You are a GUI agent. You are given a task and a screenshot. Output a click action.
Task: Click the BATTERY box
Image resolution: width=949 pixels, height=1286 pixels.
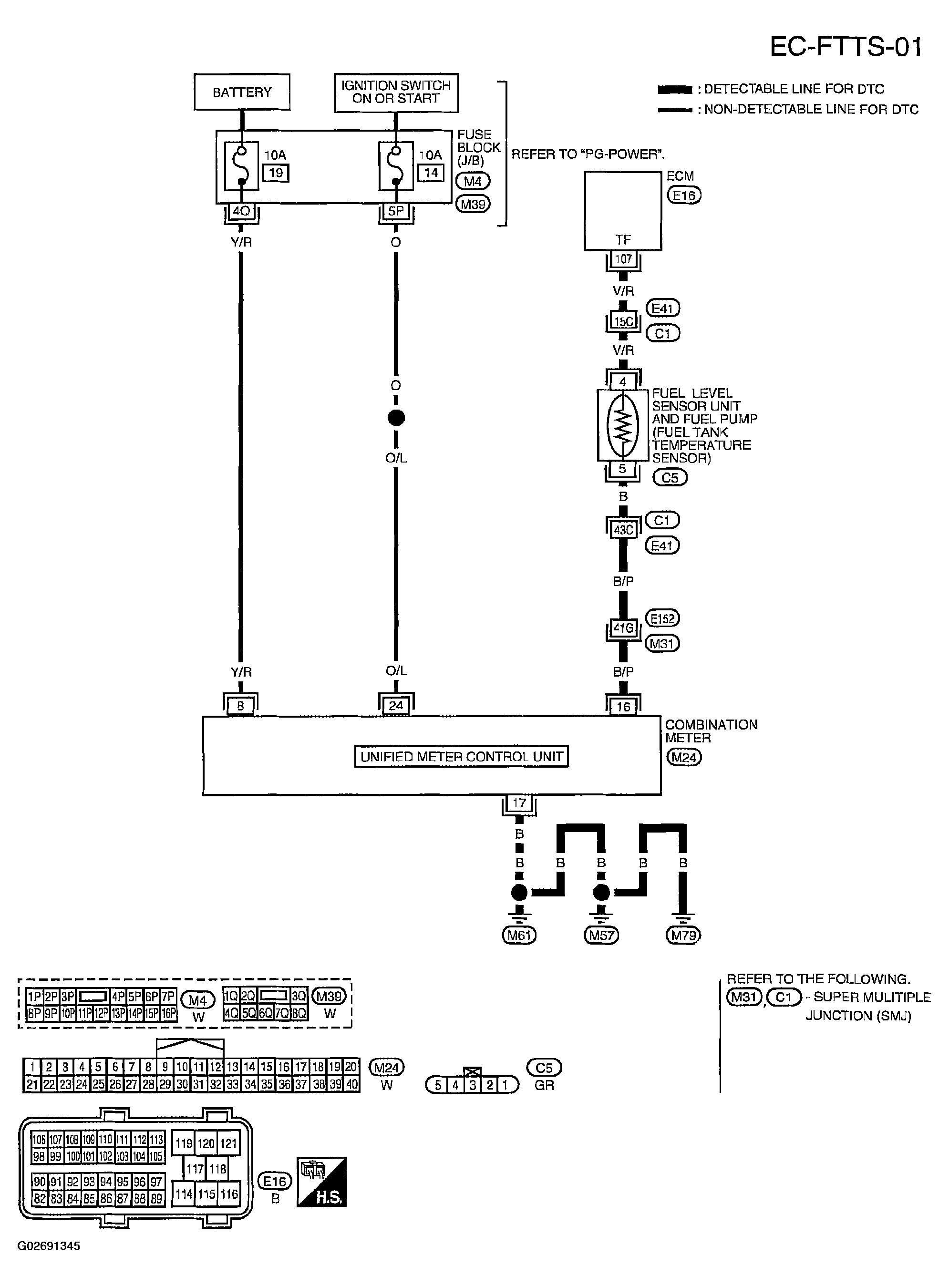tap(242, 92)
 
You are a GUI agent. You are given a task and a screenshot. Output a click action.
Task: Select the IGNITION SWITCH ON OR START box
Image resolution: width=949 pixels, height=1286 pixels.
tap(396, 92)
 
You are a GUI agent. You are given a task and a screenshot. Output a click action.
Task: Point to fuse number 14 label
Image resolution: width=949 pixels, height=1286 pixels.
tap(431, 172)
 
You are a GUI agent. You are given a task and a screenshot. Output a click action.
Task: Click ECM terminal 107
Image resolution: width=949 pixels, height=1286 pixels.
tap(623, 259)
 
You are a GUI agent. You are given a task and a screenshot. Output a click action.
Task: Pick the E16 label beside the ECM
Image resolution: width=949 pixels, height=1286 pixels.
tap(683, 196)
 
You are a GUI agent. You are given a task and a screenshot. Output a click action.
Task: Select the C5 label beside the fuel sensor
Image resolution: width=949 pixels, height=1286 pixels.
tap(670, 478)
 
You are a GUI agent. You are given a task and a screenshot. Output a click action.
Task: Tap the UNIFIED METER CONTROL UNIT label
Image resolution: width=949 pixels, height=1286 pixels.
tap(461, 756)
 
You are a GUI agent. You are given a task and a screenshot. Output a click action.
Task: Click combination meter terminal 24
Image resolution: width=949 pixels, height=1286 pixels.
tap(396, 705)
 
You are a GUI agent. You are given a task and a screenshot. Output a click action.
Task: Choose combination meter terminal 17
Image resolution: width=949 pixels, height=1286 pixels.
tap(519, 803)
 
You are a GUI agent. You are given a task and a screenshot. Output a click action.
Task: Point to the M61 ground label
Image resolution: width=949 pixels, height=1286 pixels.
tap(519, 936)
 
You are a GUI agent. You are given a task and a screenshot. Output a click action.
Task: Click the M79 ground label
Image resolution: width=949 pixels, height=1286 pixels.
tap(683, 936)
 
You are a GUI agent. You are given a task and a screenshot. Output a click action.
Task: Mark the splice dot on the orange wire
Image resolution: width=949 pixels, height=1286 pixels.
tap(396, 418)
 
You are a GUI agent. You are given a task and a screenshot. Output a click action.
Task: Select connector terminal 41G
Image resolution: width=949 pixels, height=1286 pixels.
tap(623, 628)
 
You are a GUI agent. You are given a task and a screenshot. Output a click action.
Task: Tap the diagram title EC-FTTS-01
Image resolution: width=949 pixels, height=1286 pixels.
tap(846, 47)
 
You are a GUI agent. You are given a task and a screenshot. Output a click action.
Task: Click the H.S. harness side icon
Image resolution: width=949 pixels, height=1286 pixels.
tap(322, 1182)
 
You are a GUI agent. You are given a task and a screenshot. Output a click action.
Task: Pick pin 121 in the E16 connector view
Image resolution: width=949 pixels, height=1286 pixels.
tap(228, 1143)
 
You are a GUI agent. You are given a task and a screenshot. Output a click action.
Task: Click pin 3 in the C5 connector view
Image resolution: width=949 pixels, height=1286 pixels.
tap(472, 1085)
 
